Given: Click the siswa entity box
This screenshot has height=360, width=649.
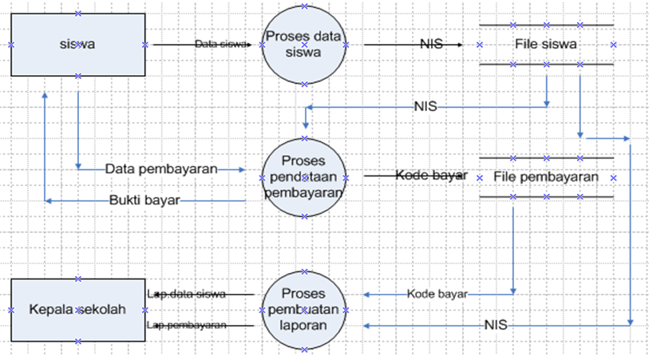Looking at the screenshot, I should tap(77, 45).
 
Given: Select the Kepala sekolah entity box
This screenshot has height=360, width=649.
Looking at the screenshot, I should tap(77, 310).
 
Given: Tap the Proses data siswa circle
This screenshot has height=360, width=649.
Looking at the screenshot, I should tap(303, 45).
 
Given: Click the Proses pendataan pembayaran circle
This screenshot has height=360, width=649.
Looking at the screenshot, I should tap(303, 176).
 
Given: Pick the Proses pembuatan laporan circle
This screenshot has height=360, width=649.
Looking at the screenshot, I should tap(303, 311).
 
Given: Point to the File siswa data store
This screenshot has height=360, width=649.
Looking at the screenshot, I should tap(546, 45).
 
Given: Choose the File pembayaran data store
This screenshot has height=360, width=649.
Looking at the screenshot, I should tap(546, 176).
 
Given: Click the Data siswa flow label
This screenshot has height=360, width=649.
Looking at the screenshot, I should tap(220, 45).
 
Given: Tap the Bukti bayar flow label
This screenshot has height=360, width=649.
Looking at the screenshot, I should tap(144, 200).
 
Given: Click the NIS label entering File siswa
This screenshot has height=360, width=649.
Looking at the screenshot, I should tap(430, 45).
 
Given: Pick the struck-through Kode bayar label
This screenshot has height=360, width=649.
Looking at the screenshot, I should tap(431, 176).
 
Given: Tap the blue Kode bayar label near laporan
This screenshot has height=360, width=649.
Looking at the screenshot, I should tap(437, 294).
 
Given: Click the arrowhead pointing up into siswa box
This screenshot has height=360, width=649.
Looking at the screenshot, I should tap(46, 94).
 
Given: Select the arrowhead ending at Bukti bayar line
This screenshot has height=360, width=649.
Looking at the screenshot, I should tap(49, 200).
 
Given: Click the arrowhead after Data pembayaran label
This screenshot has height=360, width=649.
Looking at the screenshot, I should tap(244, 169).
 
